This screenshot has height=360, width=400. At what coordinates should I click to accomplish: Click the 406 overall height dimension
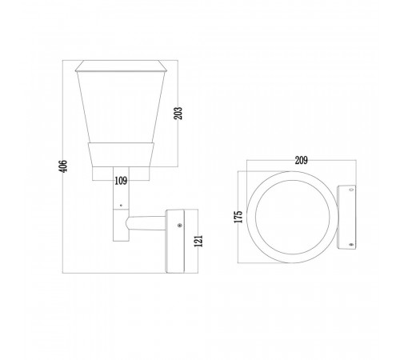62,166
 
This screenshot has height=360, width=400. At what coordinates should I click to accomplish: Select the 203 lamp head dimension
178,113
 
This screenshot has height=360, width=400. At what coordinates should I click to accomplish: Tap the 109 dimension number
121,181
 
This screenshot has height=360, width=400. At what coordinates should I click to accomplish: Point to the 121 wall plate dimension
198,241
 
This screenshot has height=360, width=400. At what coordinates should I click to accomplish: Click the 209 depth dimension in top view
301,160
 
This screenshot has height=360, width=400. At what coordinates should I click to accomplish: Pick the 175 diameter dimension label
238,217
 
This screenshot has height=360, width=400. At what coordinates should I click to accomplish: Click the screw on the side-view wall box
180,226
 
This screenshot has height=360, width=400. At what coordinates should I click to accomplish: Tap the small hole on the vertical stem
121,205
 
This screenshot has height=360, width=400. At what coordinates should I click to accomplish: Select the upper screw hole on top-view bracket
351,190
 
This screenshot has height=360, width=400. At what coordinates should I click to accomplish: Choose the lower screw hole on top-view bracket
351,244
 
